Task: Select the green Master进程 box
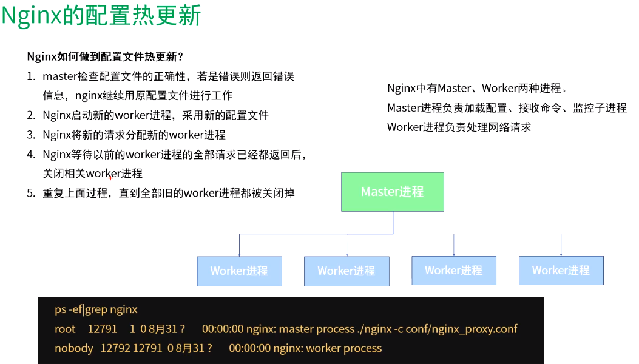coord(392,192)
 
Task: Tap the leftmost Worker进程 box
coord(239,271)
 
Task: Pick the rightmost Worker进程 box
coord(561,271)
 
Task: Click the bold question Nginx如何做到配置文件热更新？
coord(105,56)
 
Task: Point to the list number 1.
coord(31,76)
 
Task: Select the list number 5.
coord(31,193)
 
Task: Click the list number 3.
coord(31,135)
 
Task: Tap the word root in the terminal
coord(65,329)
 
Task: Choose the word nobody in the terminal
coord(73,348)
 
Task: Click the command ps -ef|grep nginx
coord(96,309)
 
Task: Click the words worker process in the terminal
coord(344,348)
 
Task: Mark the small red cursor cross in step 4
coord(110,177)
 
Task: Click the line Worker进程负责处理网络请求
coord(459,127)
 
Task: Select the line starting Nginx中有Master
coord(477,88)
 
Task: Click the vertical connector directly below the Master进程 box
coord(393,222)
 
